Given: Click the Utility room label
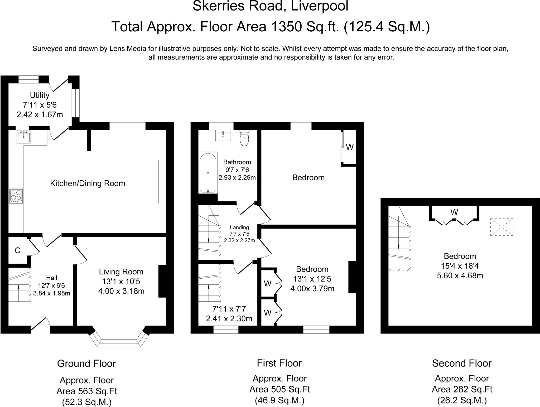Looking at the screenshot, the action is (40, 95).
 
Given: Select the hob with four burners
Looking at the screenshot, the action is (16, 196).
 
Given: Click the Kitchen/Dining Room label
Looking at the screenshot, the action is (88, 183).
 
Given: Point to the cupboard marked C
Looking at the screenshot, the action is (18, 250).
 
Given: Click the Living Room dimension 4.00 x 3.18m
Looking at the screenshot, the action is (121, 291).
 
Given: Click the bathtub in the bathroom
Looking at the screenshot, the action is (208, 173).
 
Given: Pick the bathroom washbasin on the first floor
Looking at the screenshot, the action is (223, 135).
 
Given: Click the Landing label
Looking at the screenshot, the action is (239, 227).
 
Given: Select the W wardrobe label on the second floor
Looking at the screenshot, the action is (454, 212).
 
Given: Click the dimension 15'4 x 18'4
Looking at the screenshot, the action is (460, 266).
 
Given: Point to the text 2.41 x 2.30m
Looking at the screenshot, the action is (229, 319).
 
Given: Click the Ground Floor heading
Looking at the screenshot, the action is (86, 364).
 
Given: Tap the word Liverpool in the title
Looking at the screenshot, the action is (320, 6).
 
